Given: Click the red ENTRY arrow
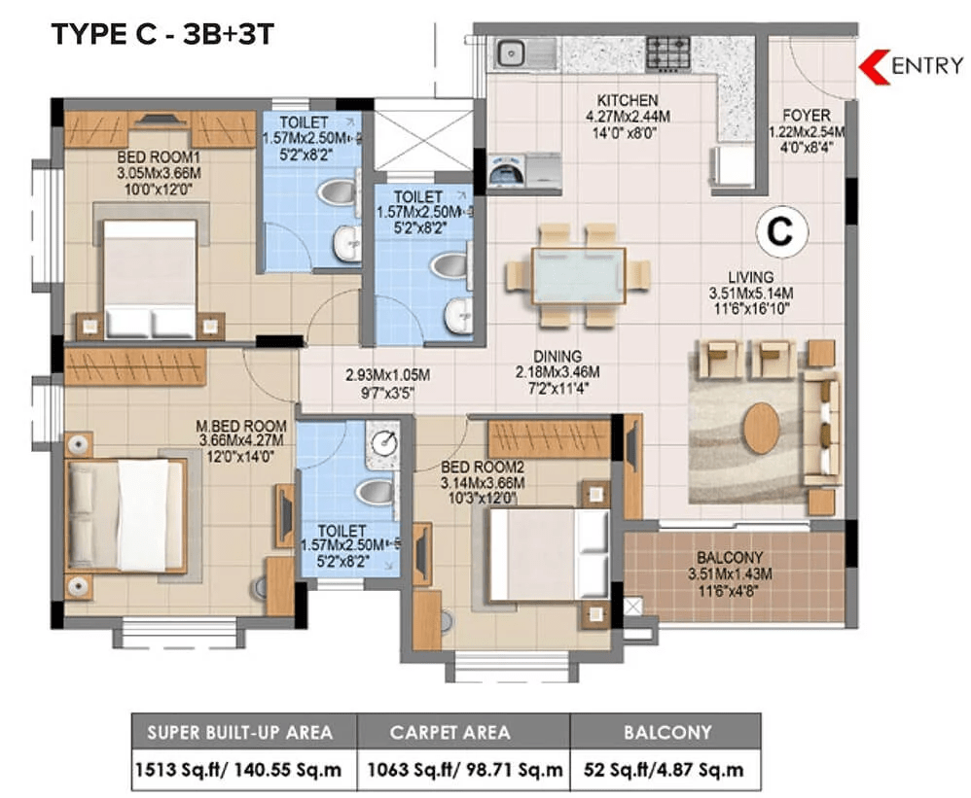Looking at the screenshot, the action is (873, 66).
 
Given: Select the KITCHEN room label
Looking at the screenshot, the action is (627, 100).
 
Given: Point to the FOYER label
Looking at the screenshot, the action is (807, 115).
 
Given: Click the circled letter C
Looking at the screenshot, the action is (781, 230).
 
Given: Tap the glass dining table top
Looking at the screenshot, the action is (578, 275).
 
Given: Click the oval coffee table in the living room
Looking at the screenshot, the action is (761, 428).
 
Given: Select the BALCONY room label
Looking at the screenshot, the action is (730, 557).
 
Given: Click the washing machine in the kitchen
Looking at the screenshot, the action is (507, 170).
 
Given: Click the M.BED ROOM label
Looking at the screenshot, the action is (241, 426).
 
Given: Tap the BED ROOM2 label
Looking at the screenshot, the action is (483, 468).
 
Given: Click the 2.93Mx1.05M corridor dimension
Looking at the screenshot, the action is (387, 375).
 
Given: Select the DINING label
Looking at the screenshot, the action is (557, 357).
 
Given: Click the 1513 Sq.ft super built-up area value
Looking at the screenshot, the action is (238, 770).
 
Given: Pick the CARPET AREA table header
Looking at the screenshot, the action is (450, 733).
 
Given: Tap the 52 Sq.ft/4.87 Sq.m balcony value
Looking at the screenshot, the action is (664, 770).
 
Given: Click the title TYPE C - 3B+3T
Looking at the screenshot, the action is (162, 34).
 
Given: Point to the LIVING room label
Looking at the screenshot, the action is (750, 277).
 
